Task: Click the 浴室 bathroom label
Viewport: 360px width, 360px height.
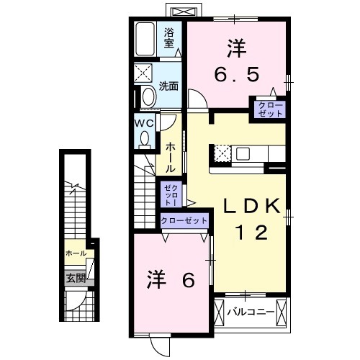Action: (169, 37)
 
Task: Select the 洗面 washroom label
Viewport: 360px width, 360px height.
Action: (169, 86)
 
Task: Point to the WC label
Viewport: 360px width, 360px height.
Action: (141, 122)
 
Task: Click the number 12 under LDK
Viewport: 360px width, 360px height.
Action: (251, 232)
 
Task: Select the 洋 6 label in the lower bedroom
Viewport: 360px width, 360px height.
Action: (173, 279)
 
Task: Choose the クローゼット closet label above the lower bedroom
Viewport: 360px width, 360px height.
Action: (184, 220)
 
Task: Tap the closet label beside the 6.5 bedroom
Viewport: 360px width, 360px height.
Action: (267, 109)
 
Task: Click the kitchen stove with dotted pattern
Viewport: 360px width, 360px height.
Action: (222, 153)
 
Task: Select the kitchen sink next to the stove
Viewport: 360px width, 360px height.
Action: (242, 153)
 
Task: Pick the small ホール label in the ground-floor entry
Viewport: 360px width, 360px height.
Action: (76, 253)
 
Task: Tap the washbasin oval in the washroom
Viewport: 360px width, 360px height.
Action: (149, 96)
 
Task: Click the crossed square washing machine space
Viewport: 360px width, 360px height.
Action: (143, 73)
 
